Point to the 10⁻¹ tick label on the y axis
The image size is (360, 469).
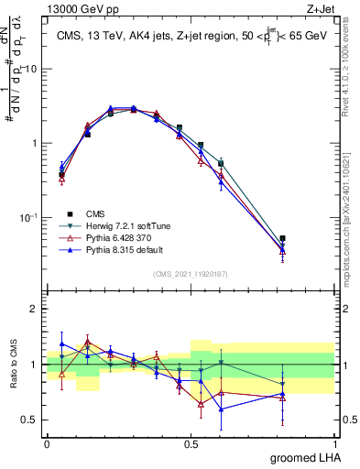click(28, 218)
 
